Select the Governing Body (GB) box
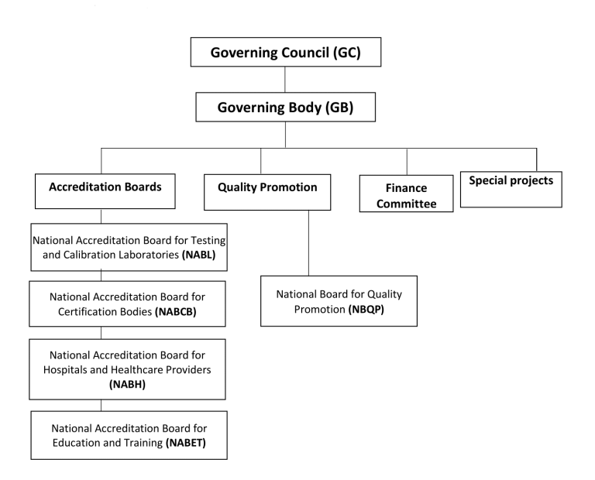tap(286, 108)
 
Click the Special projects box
tap(511, 188)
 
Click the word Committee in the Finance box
tap(407, 203)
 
